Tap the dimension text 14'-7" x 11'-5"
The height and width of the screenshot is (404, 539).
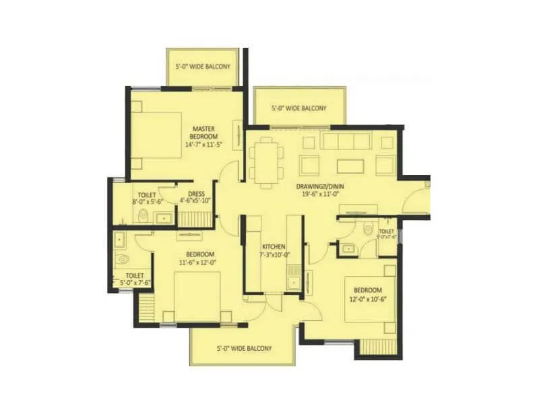click(x=203, y=144)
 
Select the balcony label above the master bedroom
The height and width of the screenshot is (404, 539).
click(x=203, y=67)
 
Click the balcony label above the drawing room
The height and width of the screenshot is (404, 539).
click(x=298, y=108)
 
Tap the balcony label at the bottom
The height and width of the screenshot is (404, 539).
click(x=244, y=348)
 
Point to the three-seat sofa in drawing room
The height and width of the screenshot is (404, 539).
click(x=346, y=141)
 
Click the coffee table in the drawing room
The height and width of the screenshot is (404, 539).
click(x=349, y=165)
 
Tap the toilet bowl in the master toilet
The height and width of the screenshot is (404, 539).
click(x=144, y=215)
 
